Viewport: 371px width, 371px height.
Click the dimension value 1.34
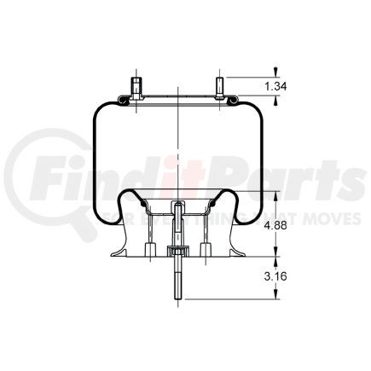pyautogui.click(x=275, y=86)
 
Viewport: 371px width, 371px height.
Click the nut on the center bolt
pyautogui.click(x=177, y=251)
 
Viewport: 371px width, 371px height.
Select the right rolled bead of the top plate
pyautogui.click(x=230, y=101)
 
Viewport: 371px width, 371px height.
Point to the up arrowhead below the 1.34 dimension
pyautogui.click(x=275, y=104)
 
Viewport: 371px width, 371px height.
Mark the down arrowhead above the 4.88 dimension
pyautogui.click(x=275, y=194)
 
